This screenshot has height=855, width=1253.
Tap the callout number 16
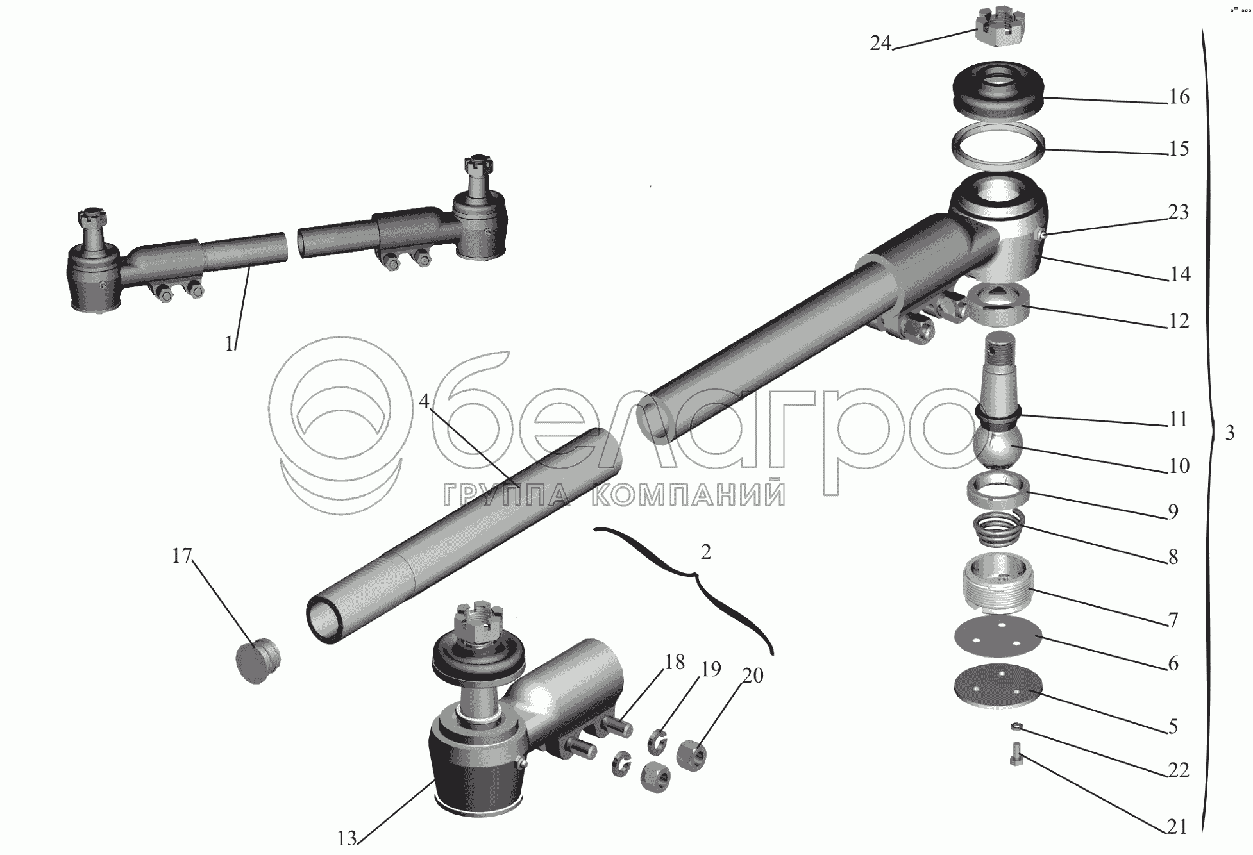coord(1179,97)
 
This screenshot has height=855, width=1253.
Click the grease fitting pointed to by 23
coord(1043,236)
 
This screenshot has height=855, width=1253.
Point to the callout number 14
coord(1179,274)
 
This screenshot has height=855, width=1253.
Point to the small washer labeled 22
coord(1016,726)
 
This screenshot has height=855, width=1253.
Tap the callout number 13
coord(347,838)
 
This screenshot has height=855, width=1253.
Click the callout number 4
coord(424,401)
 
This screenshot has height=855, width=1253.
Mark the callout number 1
coord(230,344)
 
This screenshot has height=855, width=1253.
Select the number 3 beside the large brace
coord(1229,433)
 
